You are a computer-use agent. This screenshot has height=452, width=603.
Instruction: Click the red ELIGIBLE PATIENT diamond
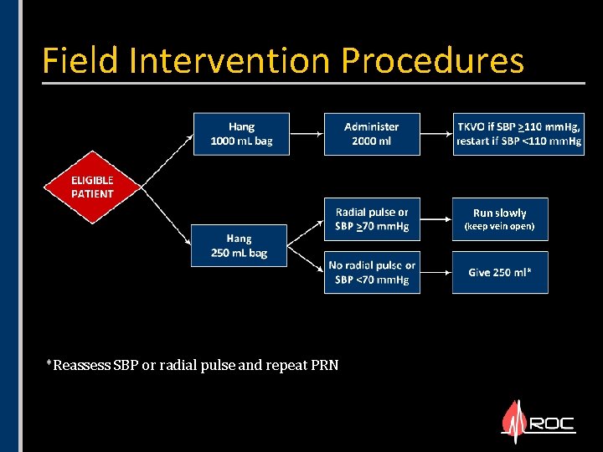coord(92,187)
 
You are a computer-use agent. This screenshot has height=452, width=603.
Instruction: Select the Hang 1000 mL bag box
coord(241,134)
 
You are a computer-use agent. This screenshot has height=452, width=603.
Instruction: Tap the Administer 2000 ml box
coord(372,134)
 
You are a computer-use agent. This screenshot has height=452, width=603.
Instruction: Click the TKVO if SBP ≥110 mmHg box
coord(518,134)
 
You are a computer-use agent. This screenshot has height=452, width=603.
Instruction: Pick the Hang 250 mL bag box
coord(239,245)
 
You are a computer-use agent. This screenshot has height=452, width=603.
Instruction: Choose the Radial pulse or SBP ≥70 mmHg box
coord(372,218)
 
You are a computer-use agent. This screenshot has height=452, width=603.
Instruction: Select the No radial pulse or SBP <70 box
coord(372,272)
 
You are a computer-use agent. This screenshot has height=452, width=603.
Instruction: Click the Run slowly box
coord(500,218)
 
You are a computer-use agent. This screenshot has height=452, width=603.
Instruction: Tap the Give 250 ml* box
coord(500,272)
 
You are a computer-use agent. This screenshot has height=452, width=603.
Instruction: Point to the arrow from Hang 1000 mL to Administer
coord(306,134)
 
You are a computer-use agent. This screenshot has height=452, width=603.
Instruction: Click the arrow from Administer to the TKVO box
coord(435,134)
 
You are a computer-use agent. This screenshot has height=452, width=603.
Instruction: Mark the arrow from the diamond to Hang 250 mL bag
coord(163,222)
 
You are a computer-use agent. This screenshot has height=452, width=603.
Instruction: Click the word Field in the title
coord(75,60)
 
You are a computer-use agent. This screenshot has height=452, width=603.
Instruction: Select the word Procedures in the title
coord(432,60)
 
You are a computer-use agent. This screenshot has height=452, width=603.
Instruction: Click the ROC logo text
coord(552,424)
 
